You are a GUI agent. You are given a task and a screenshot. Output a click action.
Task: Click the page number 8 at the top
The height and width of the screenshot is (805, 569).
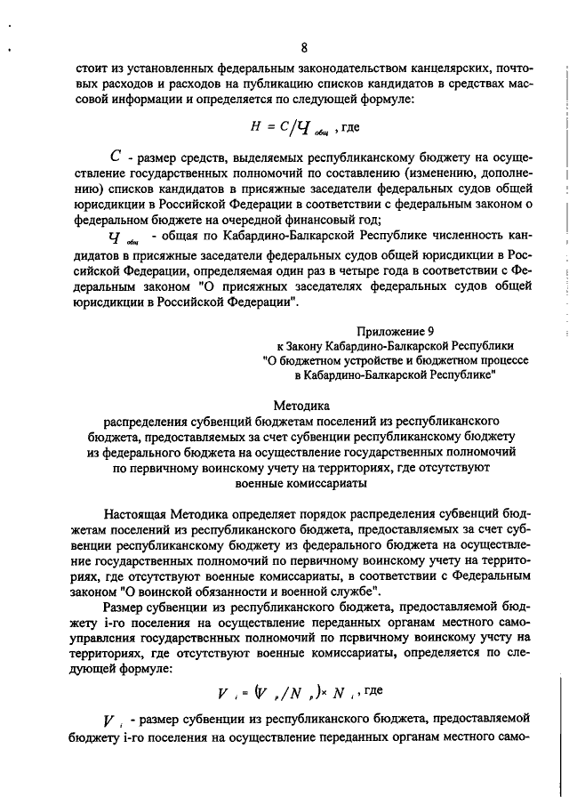coord(303,48)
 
